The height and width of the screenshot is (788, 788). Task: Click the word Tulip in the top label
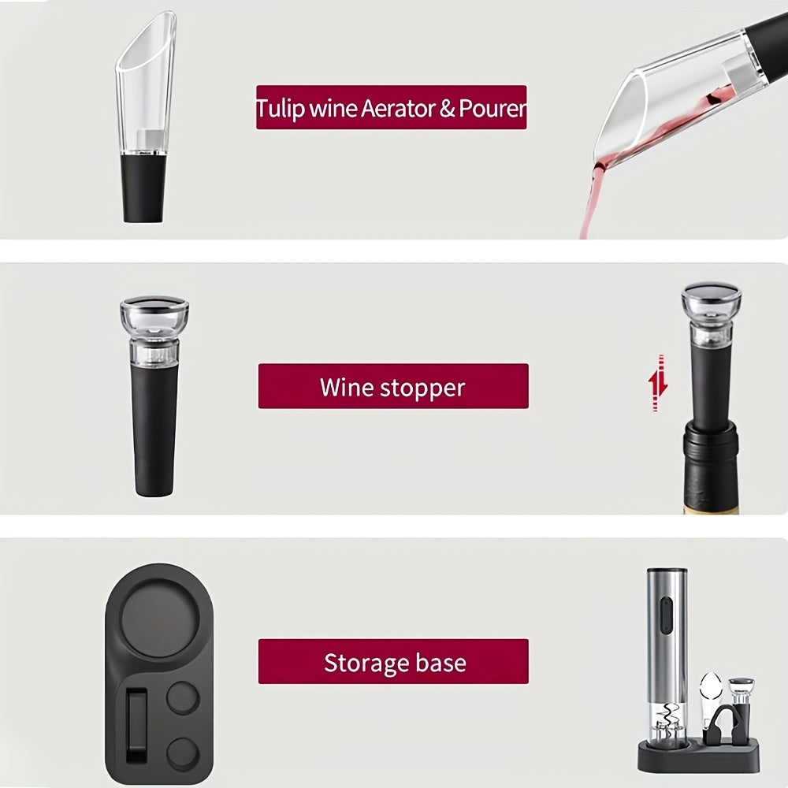[x=280, y=109]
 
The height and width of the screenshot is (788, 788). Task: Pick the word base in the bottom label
[x=442, y=662]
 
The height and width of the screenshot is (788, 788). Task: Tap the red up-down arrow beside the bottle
[x=658, y=384]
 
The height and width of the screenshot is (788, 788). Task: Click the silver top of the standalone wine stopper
[x=154, y=303]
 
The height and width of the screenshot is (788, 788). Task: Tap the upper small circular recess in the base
[x=182, y=697]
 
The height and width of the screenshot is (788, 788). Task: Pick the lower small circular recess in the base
[x=182, y=753]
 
